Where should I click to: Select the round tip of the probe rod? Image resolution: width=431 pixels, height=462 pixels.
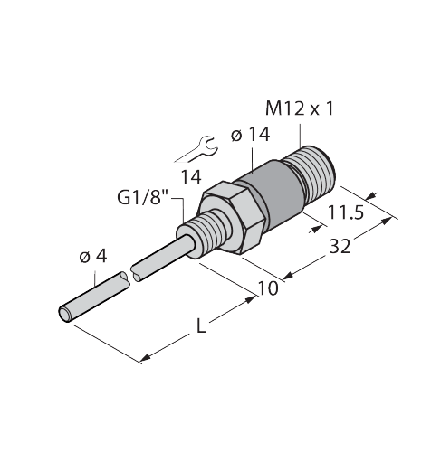65,314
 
